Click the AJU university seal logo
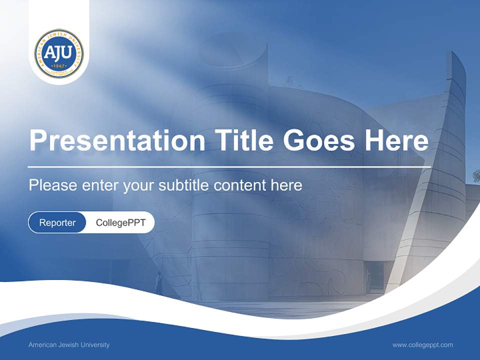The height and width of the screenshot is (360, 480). pyautogui.click(x=59, y=53)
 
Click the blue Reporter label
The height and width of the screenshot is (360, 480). pyautogui.click(x=57, y=222)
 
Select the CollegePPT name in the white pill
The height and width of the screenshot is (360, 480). pyautogui.click(x=120, y=222)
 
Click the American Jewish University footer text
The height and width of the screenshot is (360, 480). pyautogui.click(x=69, y=344)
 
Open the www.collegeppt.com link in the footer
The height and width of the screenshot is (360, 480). pyautogui.click(x=422, y=344)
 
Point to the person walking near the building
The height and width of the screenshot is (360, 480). pyautogui.click(x=159, y=283)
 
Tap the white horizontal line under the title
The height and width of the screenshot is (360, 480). pyautogui.click(x=229, y=166)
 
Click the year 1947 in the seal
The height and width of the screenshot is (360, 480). pyautogui.click(x=59, y=66)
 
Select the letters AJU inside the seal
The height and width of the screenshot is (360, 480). pyautogui.click(x=59, y=52)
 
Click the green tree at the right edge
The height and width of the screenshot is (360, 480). pyautogui.click(x=476, y=176)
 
